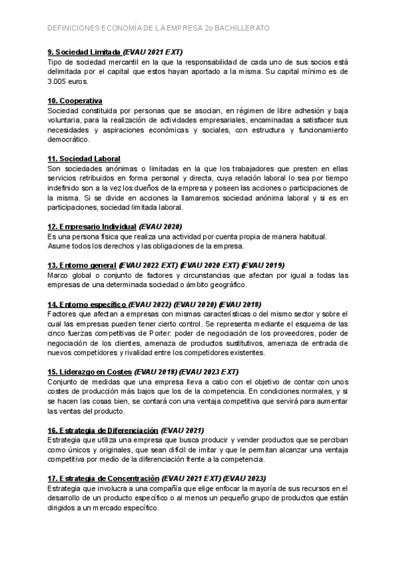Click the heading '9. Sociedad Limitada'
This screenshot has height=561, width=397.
pyautogui.click(x=84, y=52)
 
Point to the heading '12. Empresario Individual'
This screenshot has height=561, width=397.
pyautogui.click(x=92, y=226)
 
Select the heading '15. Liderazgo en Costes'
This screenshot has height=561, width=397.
pyautogui.click(x=90, y=372)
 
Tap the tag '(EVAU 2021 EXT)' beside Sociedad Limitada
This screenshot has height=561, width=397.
pyautogui.click(x=153, y=52)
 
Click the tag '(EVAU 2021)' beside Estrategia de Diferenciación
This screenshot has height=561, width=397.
pyautogui.click(x=183, y=430)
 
